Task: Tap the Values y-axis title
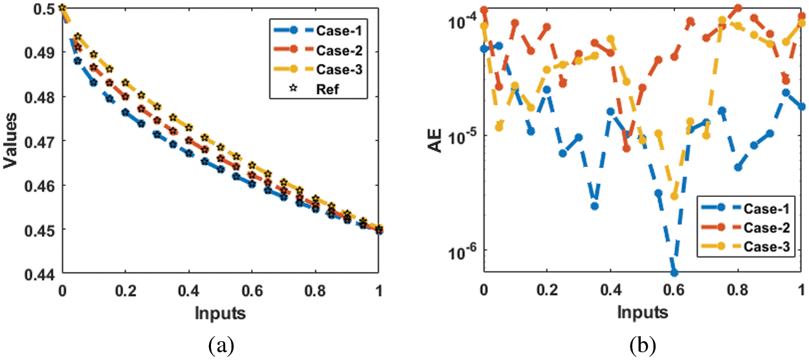pyautogui.click(x=10, y=141)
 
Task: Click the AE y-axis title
pyautogui.click(x=438, y=141)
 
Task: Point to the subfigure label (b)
pyautogui.click(x=643, y=347)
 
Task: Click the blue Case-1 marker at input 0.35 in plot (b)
pyautogui.click(x=594, y=206)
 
